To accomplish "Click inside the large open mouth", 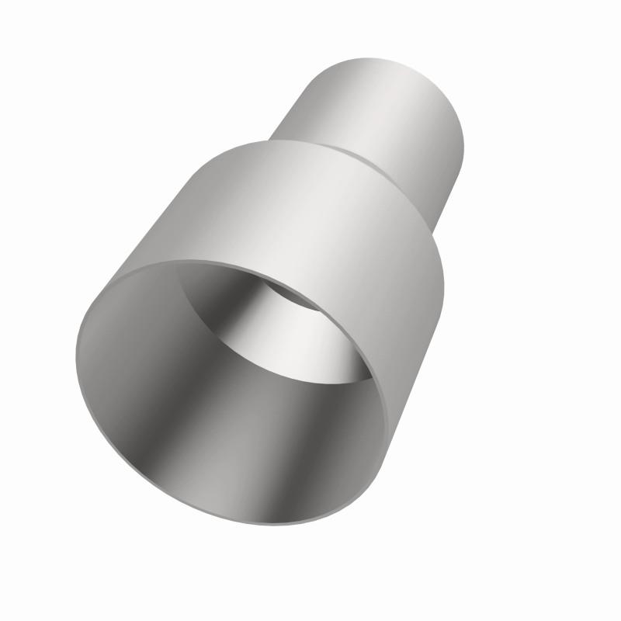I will tap(233, 388).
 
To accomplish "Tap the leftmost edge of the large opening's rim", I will tap(78, 349).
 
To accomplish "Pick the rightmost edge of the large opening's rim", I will tap(385, 404).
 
